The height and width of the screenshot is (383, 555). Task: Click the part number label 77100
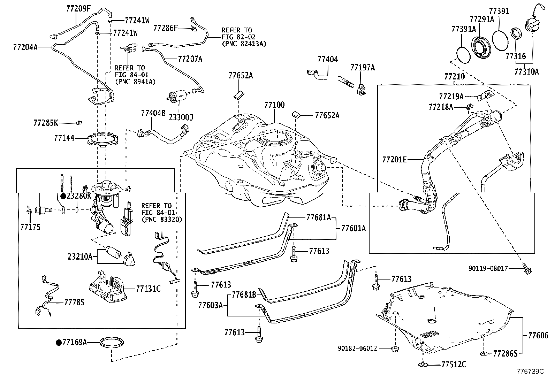coord(274,105)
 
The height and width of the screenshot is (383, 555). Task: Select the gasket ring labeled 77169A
coord(112,343)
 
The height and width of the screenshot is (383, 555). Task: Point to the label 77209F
coord(78,9)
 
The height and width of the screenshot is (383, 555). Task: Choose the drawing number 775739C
coord(530,371)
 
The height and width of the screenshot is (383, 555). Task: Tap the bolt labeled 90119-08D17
coord(527,270)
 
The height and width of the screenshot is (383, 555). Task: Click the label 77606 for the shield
coord(538,336)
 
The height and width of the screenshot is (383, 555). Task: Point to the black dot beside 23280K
coord(63,196)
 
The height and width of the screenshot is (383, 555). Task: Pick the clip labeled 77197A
coord(361,90)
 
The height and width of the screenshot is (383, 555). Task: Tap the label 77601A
coord(353,228)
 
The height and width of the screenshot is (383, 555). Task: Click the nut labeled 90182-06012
coord(395,349)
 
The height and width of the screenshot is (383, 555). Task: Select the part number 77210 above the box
coord(454,77)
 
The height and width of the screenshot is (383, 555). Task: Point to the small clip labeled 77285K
coord(79,123)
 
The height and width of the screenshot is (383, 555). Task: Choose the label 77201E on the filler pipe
coord(394,160)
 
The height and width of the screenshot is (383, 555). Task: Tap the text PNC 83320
coord(162,220)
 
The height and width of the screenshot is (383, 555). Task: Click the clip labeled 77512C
coord(423,365)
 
